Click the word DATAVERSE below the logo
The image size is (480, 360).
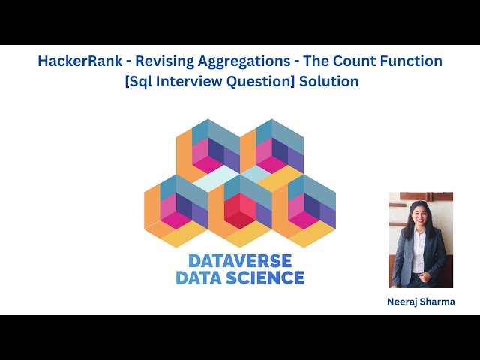click(x=240, y=261)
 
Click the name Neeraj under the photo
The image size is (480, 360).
click(x=403, y=301)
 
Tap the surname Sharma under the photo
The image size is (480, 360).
click(x=438, y=301)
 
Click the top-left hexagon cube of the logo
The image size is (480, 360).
click(x=208, y=150)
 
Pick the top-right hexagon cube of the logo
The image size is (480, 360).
click(x=271, y=150)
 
